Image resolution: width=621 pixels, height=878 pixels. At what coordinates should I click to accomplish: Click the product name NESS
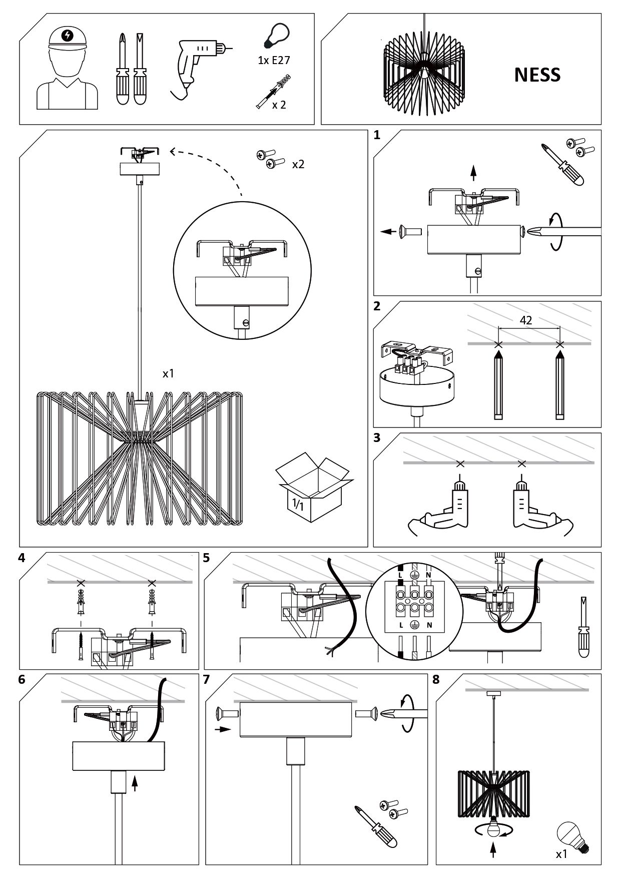click(x=537, y=75)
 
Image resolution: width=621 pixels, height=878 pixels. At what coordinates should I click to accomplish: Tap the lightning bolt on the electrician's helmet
click(x=67, y=35)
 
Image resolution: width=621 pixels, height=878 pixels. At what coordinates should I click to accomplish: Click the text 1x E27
click(x=274, y=61)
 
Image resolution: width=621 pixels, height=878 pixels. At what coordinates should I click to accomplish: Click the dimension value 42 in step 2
click(x=526, y=320)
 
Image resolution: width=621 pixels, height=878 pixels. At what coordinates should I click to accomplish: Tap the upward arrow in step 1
click(x=473, y=172)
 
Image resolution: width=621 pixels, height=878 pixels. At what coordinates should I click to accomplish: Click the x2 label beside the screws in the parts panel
click(x=298, y=164)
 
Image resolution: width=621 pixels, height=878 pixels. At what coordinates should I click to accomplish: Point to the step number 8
click(x=435, y=679)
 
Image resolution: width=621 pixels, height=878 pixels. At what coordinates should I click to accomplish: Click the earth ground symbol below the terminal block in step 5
click(x=414, y=625)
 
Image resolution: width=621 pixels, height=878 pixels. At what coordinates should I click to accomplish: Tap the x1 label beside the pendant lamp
click(x=168, y=373)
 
